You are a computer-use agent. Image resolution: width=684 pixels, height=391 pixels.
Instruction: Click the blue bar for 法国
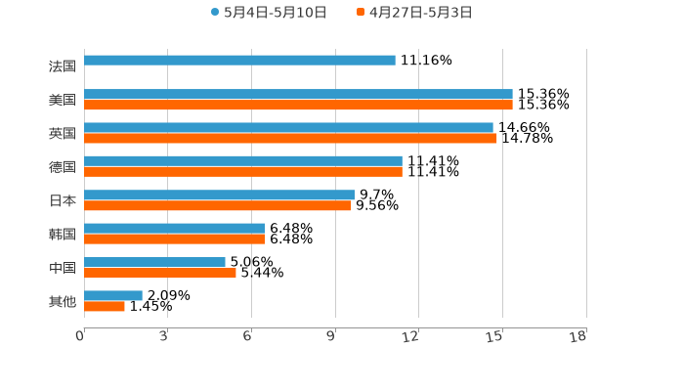pyautogui.click(x=239, y=61)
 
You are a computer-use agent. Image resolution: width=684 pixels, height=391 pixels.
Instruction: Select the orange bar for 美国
pyautogui.click(x=298, y=105)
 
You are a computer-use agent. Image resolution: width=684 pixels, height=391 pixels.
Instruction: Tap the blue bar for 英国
pyautogui.click(x=288, y=127)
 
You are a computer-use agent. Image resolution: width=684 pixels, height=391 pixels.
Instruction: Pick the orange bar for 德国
pyautogui.click(x=243, y=171)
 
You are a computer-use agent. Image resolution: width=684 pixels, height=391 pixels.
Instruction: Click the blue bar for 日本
pyautogui.click(x=219, y=195)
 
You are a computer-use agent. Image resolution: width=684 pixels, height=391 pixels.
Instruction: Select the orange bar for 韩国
pyautogui.click(x=175, y=239)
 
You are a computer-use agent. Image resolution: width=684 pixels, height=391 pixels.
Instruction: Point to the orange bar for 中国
pyautogui.click(x=160, y=273)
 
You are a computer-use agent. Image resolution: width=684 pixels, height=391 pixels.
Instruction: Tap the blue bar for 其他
pyautogui.click(x=113, y=295)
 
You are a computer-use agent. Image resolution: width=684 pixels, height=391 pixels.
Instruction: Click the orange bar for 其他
pyautogui.click(x=105, y=306)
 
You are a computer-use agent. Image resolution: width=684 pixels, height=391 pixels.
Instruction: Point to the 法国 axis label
pyautogui.click(x=63, y=66)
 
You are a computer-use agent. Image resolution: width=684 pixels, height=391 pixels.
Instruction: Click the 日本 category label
pyautogui.click(x=63, y=200)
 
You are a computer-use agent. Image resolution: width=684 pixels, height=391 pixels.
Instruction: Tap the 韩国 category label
pyautogui.click(x=63, y=234)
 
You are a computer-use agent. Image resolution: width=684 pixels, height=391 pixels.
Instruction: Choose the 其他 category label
pyautogui.click(x=63, y=301)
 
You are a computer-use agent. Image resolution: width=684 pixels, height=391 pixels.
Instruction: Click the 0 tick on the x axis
pyautogui.click(x=80, y=336)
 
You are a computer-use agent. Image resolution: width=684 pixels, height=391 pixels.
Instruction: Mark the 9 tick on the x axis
pyautogui.click(x=331, y=336)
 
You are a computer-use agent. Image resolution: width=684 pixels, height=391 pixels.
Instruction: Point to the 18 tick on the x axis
pyautogui.click(x=578, y=336)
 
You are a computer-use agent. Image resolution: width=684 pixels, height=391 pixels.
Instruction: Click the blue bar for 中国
pyautogui.click(x=154, y=262)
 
